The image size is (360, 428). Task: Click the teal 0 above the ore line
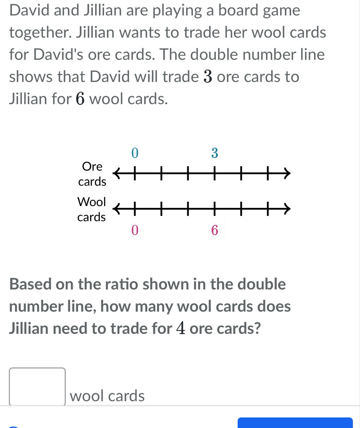(135, 153)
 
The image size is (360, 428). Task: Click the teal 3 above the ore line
(214, 153)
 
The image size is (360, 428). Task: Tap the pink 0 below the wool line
(135, 230)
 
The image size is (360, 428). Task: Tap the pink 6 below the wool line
(214, 230)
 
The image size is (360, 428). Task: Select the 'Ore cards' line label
(92, 174)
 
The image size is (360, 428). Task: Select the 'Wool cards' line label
(92, 209)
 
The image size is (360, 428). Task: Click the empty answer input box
(37, 387)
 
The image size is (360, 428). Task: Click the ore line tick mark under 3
(214, 173)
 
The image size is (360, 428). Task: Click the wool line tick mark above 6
(214, 209)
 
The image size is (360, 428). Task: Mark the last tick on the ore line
(268, 173)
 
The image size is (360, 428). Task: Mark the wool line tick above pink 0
(135, 209)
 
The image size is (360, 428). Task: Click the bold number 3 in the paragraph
(208, 77)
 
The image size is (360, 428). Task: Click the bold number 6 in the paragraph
(80, 99)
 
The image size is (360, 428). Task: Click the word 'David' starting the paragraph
(29, 10)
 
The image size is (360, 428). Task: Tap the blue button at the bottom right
(295, 422)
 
